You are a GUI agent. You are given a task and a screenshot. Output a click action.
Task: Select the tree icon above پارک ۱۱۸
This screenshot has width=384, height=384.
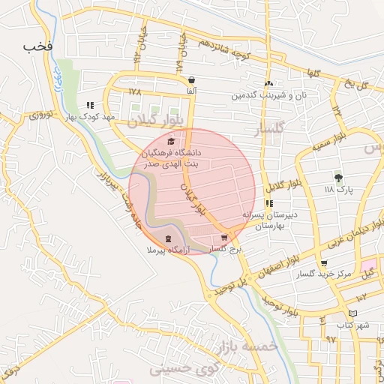(x=338, y=178)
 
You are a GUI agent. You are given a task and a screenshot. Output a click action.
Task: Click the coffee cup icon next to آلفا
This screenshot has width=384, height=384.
(x=192, y=79)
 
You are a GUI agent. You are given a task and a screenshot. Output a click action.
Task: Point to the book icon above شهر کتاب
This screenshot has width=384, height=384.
(x=353, y=313)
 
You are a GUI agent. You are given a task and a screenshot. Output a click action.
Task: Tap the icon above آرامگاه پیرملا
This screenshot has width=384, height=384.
(x=168, y=238)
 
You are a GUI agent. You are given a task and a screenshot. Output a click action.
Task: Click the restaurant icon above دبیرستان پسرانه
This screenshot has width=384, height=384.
(x=268, y=203)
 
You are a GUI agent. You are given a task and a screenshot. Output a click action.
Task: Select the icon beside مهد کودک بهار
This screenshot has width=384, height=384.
(x=91, y=106)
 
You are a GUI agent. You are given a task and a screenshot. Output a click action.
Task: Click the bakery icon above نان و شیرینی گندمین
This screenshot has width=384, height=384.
(x=268, y=84)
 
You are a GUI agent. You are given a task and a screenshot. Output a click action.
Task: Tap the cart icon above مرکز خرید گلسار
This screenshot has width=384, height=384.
(x=323, y=263)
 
